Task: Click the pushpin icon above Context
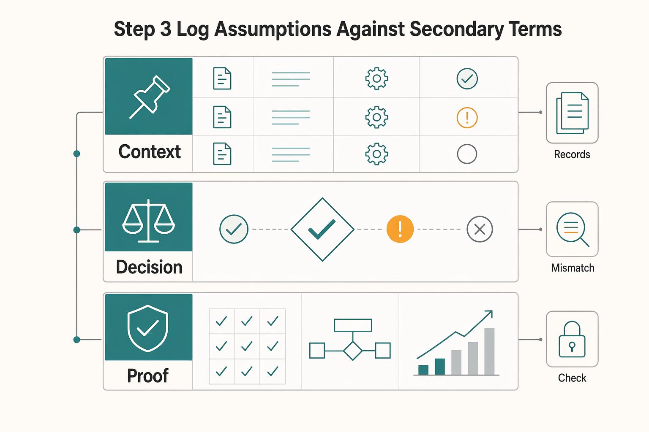click(150, 97)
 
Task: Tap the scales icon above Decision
click(148, 221)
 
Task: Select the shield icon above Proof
click(148, 328)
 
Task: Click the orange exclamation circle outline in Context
click(467, 117)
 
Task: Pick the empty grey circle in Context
click(467, 154)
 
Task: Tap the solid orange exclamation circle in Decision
click(400, 229)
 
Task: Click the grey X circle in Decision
click(480, 229)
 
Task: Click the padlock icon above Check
click(572, 339)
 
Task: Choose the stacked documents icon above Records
click(572, 113)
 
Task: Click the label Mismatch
click(573, 268)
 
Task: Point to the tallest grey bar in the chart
click(489, 351)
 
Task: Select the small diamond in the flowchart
click(353, 351)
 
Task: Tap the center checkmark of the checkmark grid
click(247, 346)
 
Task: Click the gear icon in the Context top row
click(376, 78)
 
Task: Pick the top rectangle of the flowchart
click(353, 325)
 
